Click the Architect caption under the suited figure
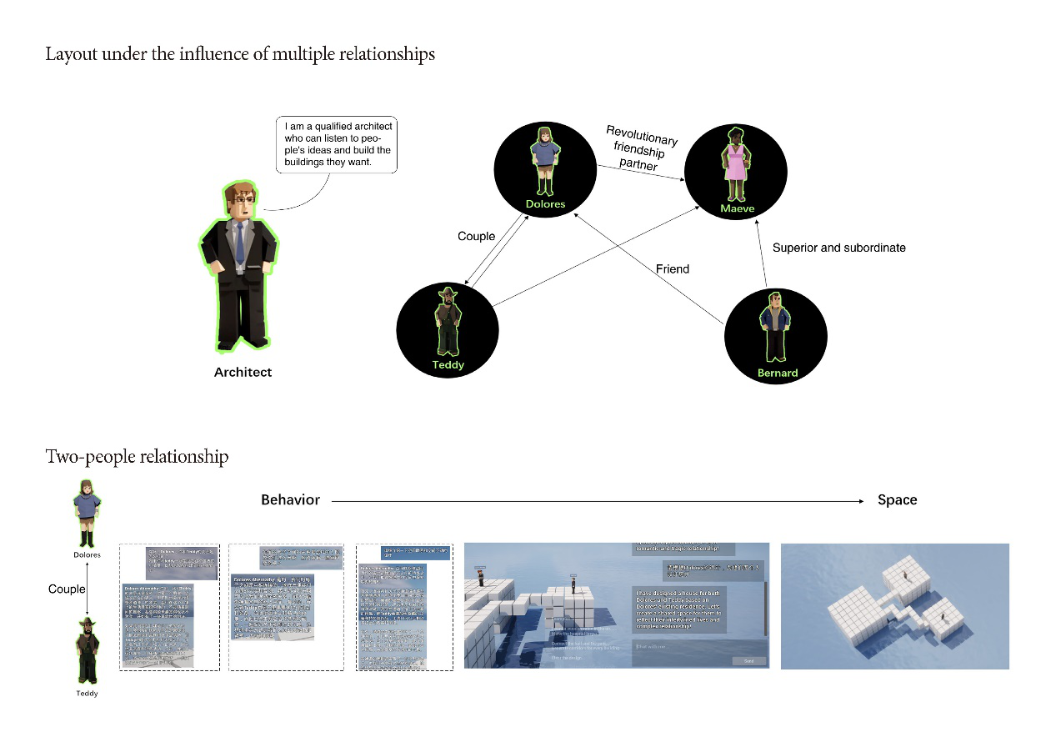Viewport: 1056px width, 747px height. tap(243, 372)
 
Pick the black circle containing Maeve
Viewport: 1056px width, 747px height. tap(736, 170)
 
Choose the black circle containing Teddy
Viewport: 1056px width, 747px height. tap(448, 328)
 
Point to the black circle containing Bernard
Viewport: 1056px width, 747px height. tap(776, 337)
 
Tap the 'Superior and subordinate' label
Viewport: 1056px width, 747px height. tap(838, 248)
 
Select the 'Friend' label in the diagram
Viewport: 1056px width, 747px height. tap(673, 268)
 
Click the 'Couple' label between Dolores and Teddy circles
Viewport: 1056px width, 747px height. tap(477, 236)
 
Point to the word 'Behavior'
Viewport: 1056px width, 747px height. tap(290, 500)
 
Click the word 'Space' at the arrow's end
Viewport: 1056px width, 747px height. tap(897, 500)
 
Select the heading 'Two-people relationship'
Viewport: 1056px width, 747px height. tap(137, 457)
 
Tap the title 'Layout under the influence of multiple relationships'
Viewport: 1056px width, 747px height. tap(240, 55)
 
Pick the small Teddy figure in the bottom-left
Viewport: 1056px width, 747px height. tap(87, 651)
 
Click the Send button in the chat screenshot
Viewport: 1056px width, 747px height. tap(748, 660)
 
